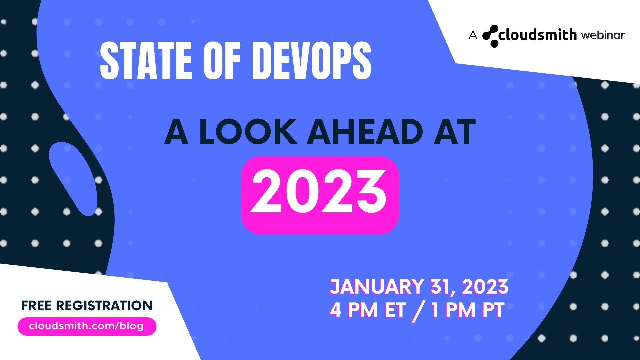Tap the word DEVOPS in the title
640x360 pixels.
point(315,62)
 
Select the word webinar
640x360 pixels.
point(603,35)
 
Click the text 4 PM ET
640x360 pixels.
point(367,310)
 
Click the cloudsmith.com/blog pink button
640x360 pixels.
point(87,326)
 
